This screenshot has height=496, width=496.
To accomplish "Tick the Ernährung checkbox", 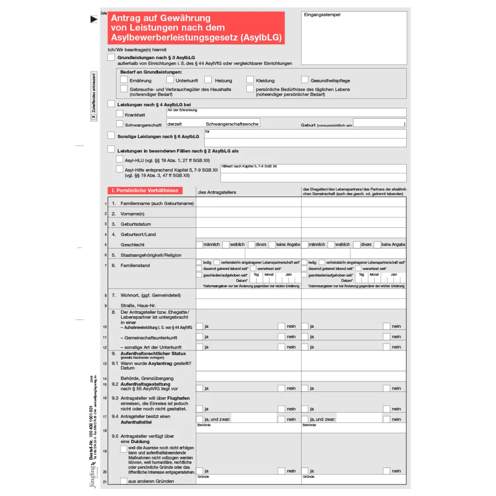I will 124,79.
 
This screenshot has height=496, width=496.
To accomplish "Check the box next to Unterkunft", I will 170,79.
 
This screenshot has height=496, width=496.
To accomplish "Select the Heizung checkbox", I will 208,79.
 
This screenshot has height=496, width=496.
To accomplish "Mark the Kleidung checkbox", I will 250,79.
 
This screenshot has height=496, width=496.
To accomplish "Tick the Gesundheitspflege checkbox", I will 305,79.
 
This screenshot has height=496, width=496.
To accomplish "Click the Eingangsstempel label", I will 322,15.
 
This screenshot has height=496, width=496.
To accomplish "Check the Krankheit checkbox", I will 120,114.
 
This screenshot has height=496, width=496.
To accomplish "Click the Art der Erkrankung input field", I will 286,112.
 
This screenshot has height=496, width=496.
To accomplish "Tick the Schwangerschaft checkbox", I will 120,124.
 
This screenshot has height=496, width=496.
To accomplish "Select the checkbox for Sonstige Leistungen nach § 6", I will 111,135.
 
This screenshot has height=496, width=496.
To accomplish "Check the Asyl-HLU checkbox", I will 120,159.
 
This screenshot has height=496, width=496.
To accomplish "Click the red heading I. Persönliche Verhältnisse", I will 145,191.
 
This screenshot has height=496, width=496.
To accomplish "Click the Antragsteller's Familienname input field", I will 248,203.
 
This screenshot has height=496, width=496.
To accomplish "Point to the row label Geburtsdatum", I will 136,224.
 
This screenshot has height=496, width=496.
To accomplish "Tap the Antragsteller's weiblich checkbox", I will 226,245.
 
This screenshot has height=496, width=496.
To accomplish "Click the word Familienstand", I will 135,265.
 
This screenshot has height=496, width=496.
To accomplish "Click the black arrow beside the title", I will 94,19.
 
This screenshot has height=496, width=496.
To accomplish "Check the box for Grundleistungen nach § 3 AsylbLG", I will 111,57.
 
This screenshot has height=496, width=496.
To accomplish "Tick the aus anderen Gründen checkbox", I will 124,481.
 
